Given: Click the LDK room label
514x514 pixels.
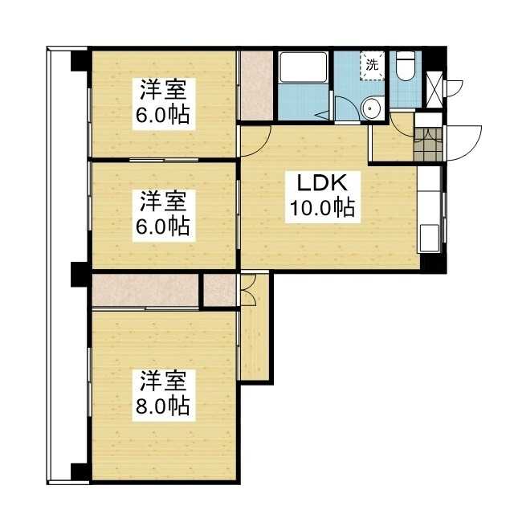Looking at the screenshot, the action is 322,183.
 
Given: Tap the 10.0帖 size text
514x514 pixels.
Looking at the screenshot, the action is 323,207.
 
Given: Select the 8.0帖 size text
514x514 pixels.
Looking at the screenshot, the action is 163,406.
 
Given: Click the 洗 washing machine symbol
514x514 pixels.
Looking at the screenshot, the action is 372,65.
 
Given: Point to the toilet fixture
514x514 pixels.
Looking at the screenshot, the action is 406,65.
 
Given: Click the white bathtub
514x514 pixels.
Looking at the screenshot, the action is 304,67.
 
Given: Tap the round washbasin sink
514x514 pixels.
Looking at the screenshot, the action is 370,108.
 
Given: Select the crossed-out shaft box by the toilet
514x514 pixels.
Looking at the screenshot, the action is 434,89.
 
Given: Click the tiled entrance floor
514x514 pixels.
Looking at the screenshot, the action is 428,145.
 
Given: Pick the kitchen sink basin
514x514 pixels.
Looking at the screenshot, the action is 430,238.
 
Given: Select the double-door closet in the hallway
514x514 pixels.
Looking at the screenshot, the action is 248,290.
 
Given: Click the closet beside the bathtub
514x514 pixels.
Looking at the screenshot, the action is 256,86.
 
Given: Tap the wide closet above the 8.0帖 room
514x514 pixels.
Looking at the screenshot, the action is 145,291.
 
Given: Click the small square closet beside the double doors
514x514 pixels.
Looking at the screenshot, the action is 219,290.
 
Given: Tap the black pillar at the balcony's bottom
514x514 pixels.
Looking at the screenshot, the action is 80,472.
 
